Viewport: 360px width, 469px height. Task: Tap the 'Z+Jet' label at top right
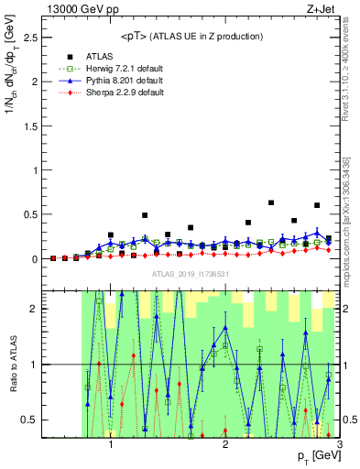pyautogui.click(x=321, y=8)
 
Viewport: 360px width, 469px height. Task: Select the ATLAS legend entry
pyautogui.click(x=102, y=55)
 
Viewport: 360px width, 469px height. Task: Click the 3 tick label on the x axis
pyautogui.click(x=340, y=445)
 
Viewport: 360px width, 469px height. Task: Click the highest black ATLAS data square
pyautogui.click(x=271, y=202)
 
